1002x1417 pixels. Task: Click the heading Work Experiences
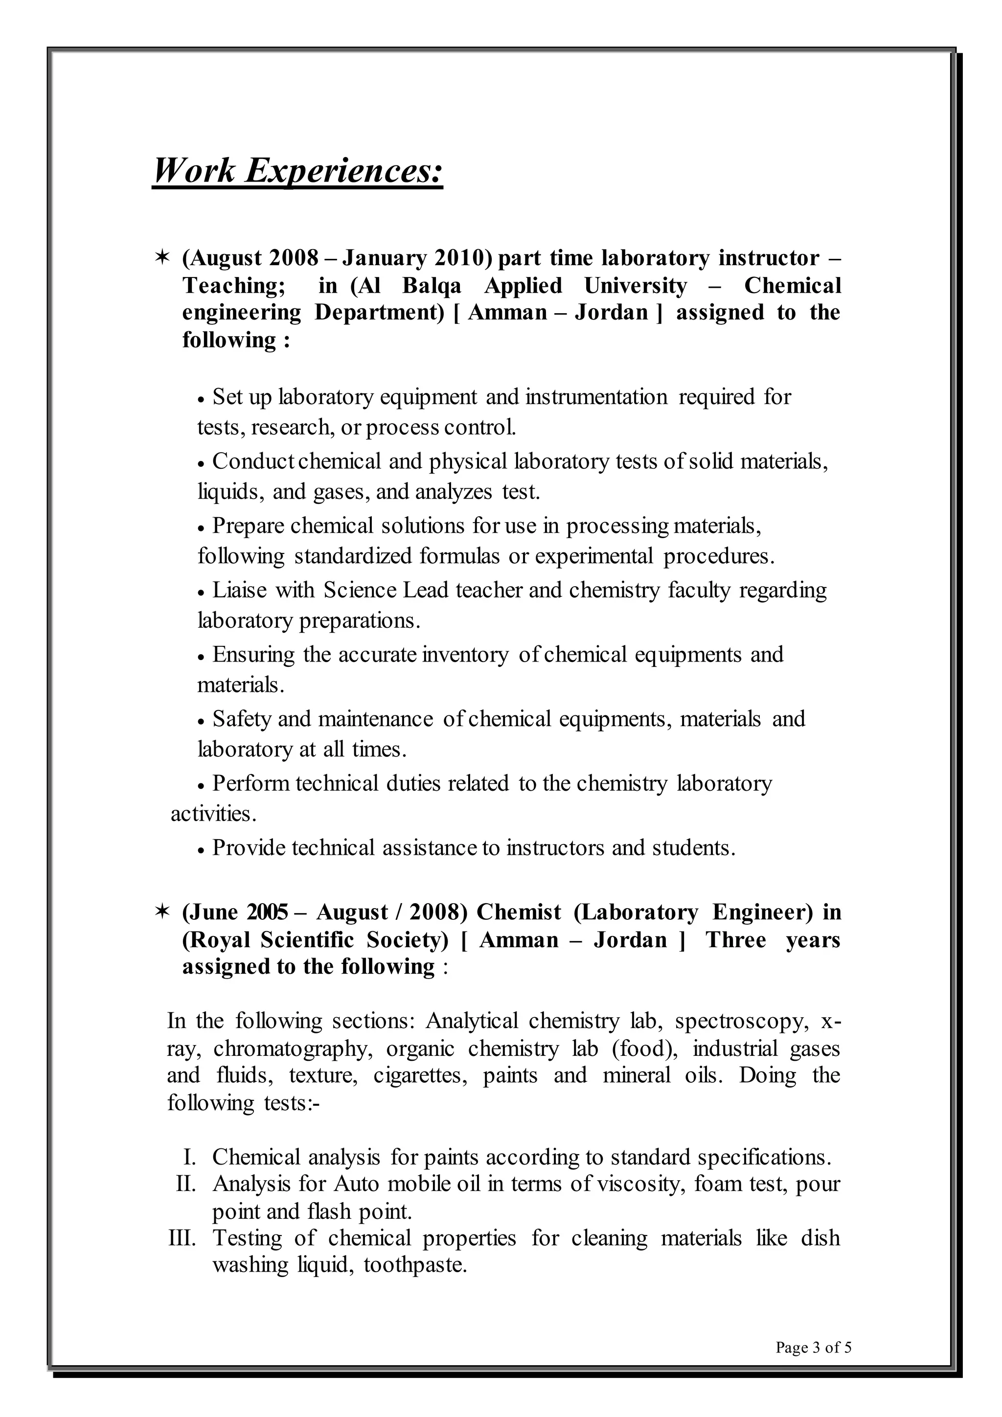click(x=297, y=170)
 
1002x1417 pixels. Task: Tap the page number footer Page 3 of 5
click(x=813, y=1347)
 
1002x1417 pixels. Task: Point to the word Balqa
click(x=432, y=286)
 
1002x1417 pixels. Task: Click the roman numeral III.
click(x=182, y=1238)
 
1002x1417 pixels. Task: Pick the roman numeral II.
click(x=186, y=1184)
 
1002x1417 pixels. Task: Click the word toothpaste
click(x=414, y=1265)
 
